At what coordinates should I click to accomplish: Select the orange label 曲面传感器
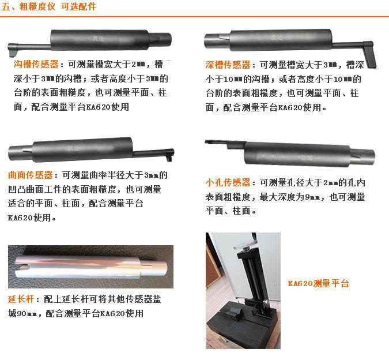point(31,175)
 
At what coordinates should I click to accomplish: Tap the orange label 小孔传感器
point(228,182)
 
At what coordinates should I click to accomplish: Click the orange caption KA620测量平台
point(318,283)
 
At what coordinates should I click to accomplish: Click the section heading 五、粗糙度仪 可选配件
point(49,7)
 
